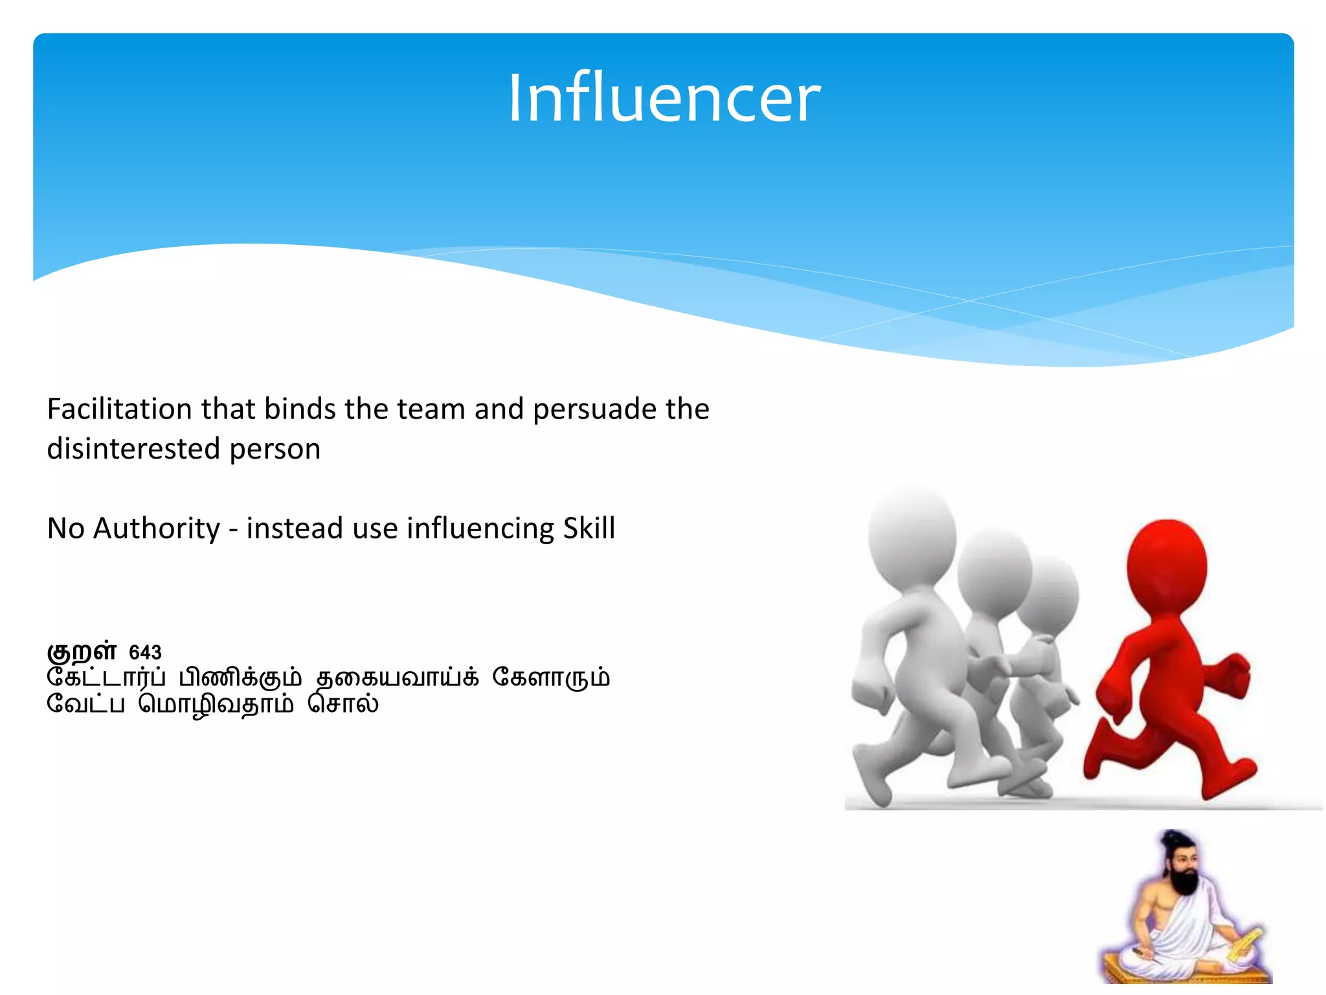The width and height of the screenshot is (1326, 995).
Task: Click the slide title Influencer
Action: click(664, 98)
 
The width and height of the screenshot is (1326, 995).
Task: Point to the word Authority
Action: click(157, 529)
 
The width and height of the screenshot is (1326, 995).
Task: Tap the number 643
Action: click(145, 652)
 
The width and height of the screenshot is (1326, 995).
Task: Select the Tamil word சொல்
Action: click(343, 703)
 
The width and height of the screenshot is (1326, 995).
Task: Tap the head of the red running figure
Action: click(1167, 565)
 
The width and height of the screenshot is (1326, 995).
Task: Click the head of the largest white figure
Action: click(912, 536)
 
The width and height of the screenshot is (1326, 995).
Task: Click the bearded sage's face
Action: click(1182, 865)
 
